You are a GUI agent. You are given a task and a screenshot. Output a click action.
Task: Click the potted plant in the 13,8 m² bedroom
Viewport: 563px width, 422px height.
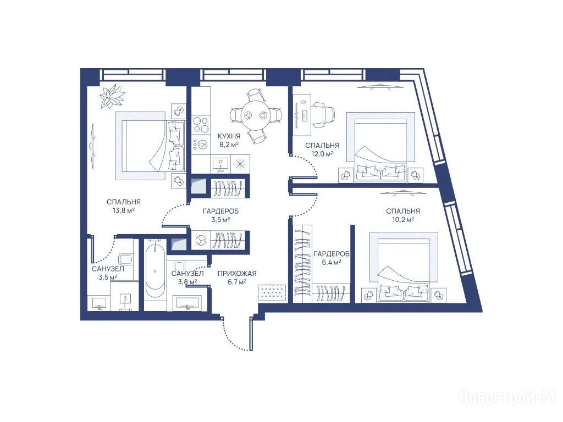point(112,96)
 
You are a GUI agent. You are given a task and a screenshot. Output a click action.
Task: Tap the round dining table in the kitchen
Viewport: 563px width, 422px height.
point(256,115)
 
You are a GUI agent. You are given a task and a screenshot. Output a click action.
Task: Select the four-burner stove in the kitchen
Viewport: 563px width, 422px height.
point(200,124)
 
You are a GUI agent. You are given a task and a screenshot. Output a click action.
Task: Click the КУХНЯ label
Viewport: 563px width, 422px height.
point(229,136)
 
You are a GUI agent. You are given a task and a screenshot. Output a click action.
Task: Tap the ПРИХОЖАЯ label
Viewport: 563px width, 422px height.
point(237,274)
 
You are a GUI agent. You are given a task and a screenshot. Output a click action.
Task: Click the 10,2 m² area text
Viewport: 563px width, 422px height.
point(402,219)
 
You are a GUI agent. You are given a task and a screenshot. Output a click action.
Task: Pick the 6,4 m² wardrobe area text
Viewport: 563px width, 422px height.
point(332,262)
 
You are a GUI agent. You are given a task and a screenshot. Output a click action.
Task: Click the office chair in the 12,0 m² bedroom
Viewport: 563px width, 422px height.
point(323,115)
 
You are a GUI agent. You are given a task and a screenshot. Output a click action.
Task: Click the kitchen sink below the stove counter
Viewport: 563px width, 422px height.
point(220,164)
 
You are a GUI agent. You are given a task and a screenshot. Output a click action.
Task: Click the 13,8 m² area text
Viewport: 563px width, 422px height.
point(124,210)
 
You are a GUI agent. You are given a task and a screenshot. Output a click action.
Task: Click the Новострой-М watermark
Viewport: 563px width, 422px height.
point(507,397)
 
